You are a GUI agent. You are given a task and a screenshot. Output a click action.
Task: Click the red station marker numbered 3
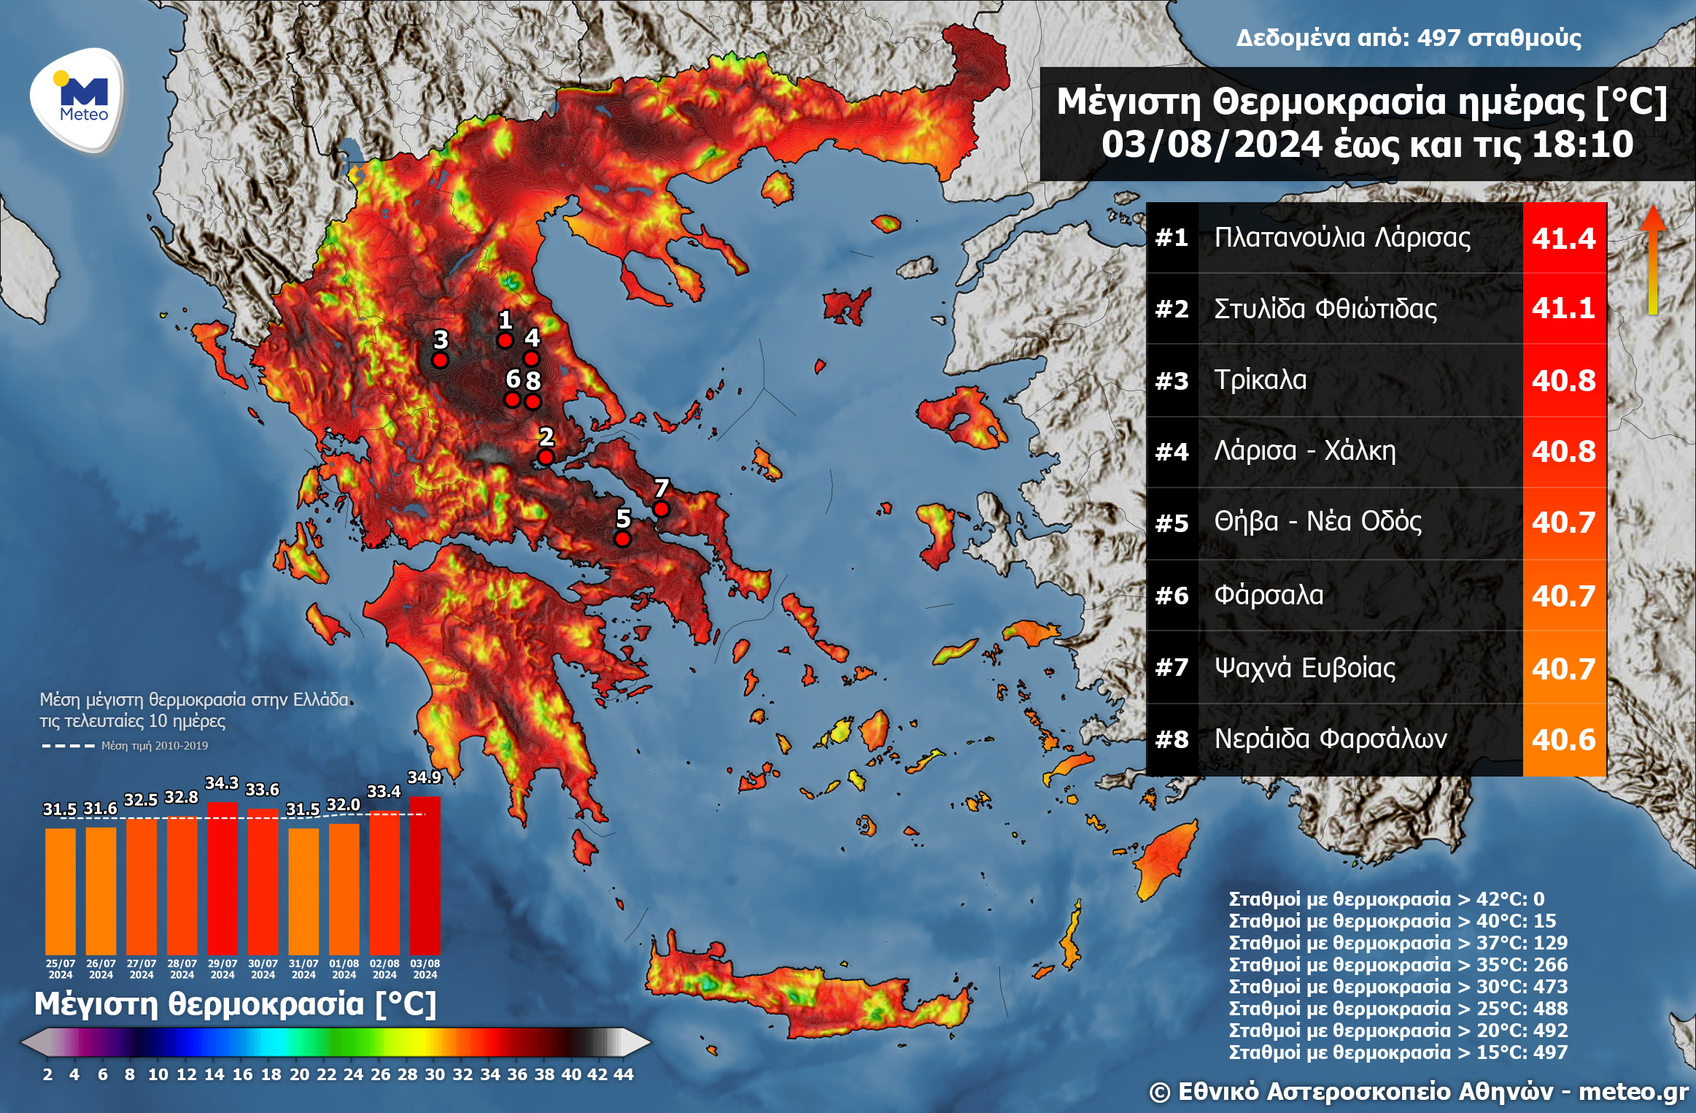[440, 360]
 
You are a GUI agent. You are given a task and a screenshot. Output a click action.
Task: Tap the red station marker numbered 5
[622, 539]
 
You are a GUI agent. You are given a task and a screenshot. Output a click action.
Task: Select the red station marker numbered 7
[661, 509]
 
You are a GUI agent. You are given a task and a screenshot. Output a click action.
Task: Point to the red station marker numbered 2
[546, 457]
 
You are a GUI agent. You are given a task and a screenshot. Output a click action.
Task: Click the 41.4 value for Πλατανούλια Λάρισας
[1563, 238]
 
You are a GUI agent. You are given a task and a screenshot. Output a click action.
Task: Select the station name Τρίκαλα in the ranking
[1260, 380]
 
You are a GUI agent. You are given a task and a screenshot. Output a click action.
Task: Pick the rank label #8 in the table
[1172, 739]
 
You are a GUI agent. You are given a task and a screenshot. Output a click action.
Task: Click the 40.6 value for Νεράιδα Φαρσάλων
[1563, 740]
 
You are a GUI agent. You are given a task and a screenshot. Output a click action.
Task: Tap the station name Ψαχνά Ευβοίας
[1304, 668]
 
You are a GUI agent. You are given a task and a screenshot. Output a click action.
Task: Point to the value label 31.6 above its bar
[101, 809]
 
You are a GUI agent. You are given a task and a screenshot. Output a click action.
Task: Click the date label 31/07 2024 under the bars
[303, 969]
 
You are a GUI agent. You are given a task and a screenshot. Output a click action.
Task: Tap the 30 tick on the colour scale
[435, 1074]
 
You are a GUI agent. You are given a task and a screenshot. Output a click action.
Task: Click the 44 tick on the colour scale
[624, 1074]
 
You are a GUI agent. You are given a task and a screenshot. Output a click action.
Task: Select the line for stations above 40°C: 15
[1392, 921]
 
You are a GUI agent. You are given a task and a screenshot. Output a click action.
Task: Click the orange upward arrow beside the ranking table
[1653, 259]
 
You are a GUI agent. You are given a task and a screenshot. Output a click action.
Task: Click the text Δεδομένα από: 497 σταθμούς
[1408, 38]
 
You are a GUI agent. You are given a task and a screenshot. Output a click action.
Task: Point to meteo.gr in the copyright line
[1633, 1092]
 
